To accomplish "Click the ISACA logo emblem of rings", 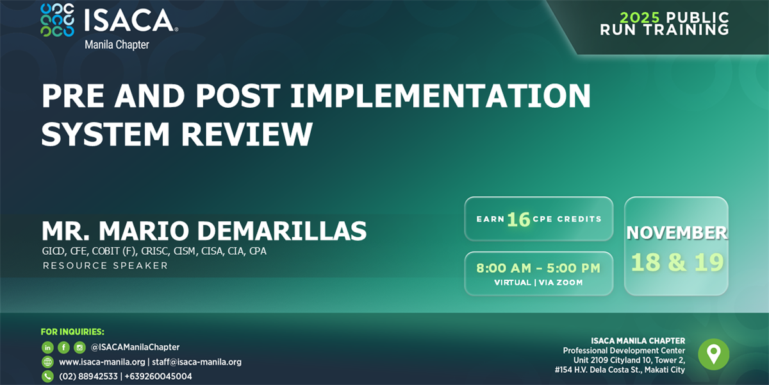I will (57, 20).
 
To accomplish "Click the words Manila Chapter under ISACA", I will (117, 45).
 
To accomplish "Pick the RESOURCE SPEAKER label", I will (105, 266).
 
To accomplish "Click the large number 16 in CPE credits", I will (518, 219).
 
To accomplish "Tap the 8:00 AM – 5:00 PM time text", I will (538, 268).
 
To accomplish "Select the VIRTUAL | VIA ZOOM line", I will (538, 282).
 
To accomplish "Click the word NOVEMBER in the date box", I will (677, 233).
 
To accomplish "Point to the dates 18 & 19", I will (677, 262).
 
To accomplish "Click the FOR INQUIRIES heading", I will (72, 332).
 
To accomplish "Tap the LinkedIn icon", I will (47, 347).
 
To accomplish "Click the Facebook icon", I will (63, 347).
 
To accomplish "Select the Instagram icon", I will (79, 347).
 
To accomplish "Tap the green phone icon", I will (47, 377).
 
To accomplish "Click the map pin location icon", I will (713, 354).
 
